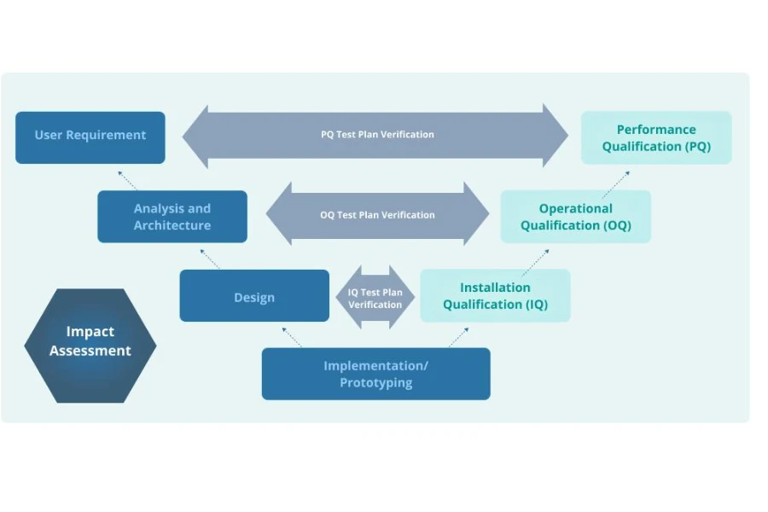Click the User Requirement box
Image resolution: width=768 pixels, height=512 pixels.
(90, 137)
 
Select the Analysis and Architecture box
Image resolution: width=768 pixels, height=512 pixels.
(172, 217)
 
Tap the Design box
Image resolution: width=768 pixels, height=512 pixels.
(254, 297)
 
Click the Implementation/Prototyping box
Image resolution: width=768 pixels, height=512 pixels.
(375, 374)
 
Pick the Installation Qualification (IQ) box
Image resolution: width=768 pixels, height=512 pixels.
(495, 296)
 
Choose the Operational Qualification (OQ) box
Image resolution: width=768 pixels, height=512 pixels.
(575, 217)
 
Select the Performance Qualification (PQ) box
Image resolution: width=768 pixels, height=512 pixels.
(655, 138)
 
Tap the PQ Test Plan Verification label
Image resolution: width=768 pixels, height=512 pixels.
(377, 135)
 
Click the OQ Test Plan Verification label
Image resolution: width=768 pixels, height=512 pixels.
(377, 215)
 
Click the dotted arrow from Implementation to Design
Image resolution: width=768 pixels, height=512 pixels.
(291, 337)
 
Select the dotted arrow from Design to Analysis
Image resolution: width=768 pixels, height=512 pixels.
(209, 259)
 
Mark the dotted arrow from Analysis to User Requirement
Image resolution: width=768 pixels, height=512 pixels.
(127, 179)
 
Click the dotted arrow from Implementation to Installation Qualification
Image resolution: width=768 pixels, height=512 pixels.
(458, 337)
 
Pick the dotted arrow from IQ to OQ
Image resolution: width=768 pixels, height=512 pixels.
(535, 261)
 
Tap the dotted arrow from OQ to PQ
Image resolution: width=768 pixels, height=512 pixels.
(615, 183)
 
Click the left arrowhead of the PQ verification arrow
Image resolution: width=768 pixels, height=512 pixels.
(195, 136)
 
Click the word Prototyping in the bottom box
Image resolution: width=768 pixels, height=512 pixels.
(375, 383)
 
